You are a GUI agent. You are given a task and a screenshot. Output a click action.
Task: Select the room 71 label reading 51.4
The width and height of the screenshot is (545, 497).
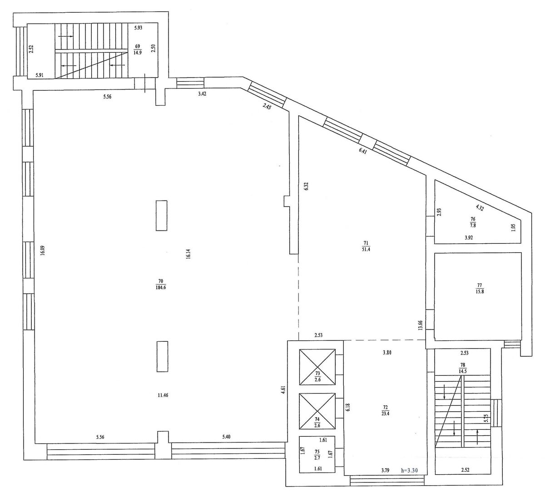pyautogui.click(x=366, y=250)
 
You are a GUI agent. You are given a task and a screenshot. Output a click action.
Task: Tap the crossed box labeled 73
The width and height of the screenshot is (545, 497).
pyautogui.click(x=317, y=367)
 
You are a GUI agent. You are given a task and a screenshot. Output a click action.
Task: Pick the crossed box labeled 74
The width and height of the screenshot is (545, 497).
pyautogui.click(x=317, y=411)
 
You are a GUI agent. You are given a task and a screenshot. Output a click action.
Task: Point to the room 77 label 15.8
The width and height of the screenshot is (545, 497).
pyautogui.click(x=480, y=292)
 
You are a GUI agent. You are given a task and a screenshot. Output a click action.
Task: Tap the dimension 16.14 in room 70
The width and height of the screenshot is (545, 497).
pyautogui.click(x=188, y=255)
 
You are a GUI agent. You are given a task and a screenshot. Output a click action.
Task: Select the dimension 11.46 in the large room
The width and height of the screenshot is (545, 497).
pyautogui.click(x=163, y=395)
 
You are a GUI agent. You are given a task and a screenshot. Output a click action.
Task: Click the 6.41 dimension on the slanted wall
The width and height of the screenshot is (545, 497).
pyautogui.click(x=363, y=151)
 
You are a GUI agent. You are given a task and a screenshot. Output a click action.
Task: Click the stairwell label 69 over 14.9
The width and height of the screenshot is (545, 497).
pyautogui.click(x=138, y=50)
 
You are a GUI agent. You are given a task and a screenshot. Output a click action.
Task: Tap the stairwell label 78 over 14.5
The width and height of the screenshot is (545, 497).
pyautogui.click(x=463, y=368)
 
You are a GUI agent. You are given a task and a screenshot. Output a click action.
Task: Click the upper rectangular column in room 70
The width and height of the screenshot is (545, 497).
pyautogui.click(x=161, y=215)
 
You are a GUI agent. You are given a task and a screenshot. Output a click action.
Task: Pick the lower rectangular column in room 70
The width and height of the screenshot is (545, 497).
pyautogui.click(x=162, y=356)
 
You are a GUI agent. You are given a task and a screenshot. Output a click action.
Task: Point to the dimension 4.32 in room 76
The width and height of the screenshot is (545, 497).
pyautogui.click(x=480, y=207)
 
